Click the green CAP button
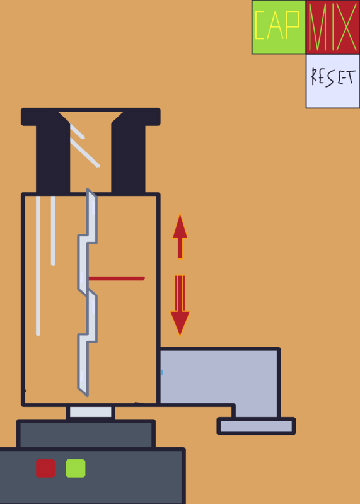pyautogui.click(x=279, y=27)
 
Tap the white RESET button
pyautogui.click(x=333, y=81)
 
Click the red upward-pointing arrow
pyautogui.click(x=180, y=236)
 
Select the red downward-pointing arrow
pyautogui.click(x=180, y=306)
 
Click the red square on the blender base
pyautogui.click(x=45, y=468)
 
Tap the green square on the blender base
pyautogui.click(x=76, y=468)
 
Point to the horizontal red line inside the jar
pyautogui.click(x=117, y=278)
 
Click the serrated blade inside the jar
pyautogui.click(x=87, y=292)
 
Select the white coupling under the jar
pyautogui.click(x=91, y=412)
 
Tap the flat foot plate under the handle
pyautogui.click(x=257, y=427)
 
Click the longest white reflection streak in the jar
pyautogui.click(x=38, y=266)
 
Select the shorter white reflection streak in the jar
pyautogui.click(x=53, y=231)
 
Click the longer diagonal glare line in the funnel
pyautogui.click(x=85, y=153)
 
